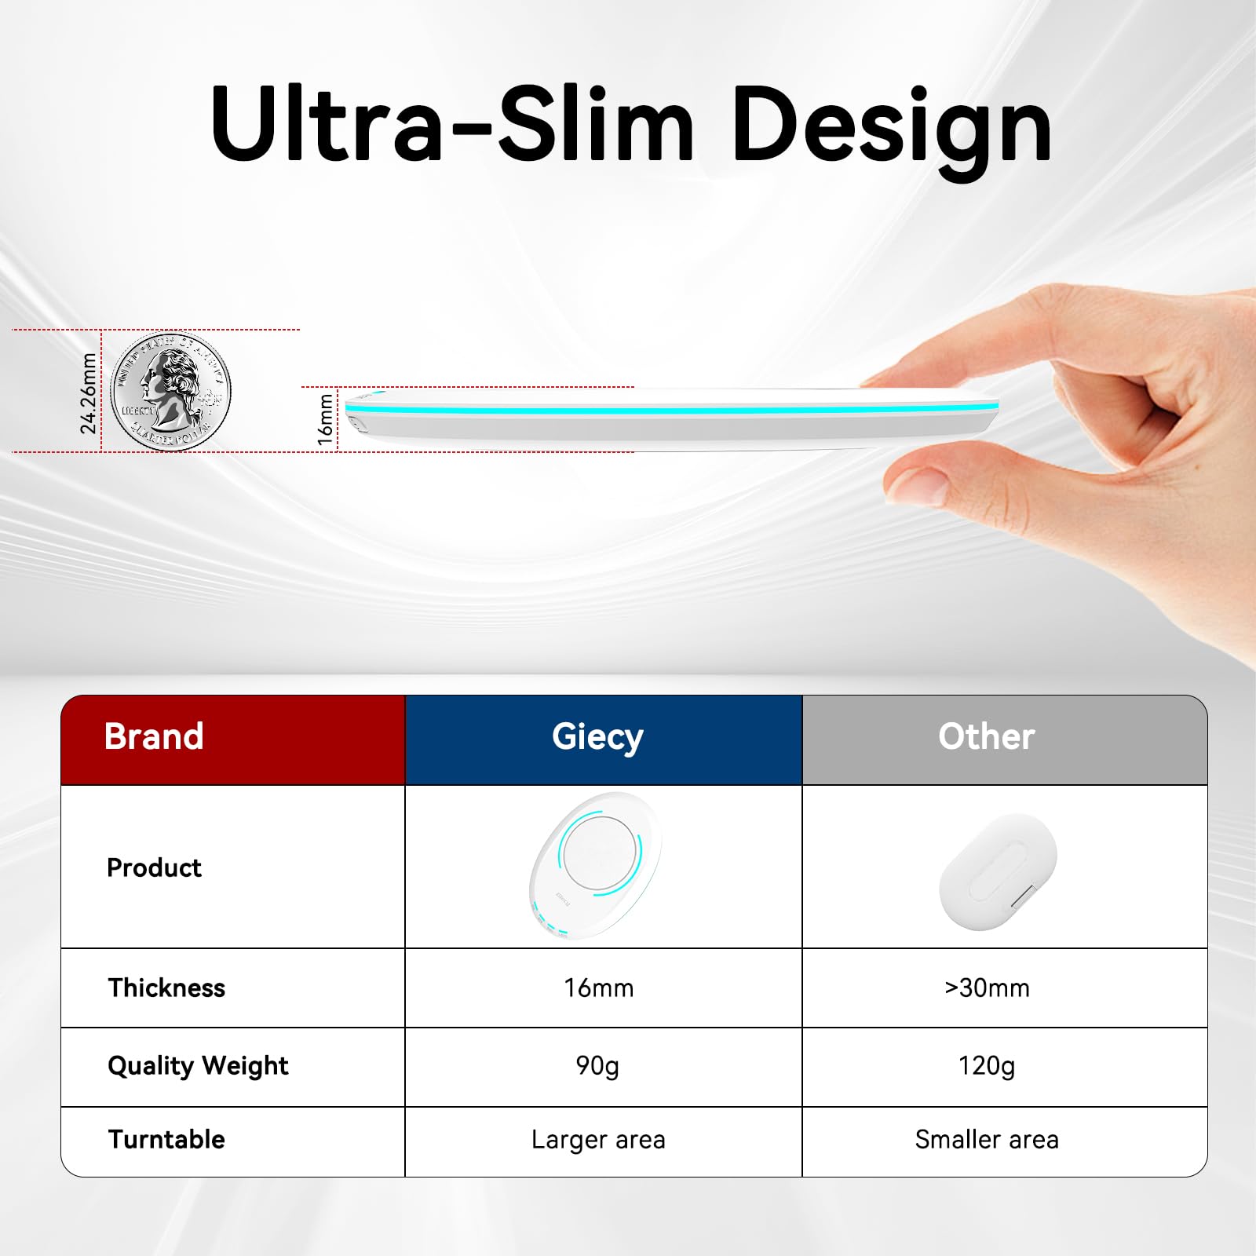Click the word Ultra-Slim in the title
pyautogui.click(x=451, y=124)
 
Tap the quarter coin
pyautogui.click(x=170, y=391)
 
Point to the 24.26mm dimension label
pyautogui.click(x=89, y=392)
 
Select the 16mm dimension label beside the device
pyautogui.click(x=325, y=420)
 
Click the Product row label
pyautogui.click(x=154, y=867)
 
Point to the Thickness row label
pyautogui.click(x=166, y=988)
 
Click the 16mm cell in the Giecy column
pyautogui.click(x=598, y=988)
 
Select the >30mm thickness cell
pyautogui.click(x=987, y=988)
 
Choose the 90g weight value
pyautogui.click(x=597, y=1065)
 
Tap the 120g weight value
pyautogui.click(x=987, y=1065)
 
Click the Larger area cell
pyautogui.click(x=598, y=1139)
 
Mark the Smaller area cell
pyautogui.click(x=987, y=1139)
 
